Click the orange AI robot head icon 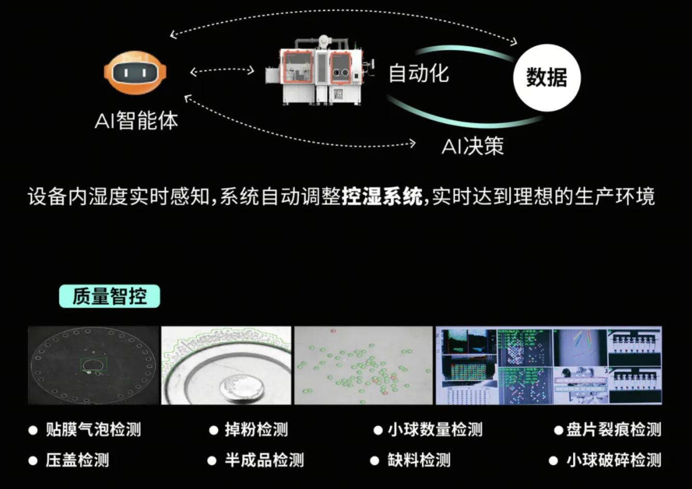point(135,73)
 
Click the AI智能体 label point(136,121)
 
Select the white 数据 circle point(547,77)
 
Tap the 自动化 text point(419,73)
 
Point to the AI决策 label point(472,147)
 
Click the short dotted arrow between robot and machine point(222,71)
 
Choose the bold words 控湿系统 point(382,197)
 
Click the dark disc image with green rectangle point(93,365)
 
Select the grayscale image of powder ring point(227,365)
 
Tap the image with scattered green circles point(363,365)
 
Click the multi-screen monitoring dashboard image point(549,365)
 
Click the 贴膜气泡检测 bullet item point(93,430)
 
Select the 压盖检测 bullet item point(77,460)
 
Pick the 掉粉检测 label point(256,430)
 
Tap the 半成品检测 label point(264,460)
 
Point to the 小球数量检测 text point(435,430)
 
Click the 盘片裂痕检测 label point(614,430)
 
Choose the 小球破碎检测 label point(614,460)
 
